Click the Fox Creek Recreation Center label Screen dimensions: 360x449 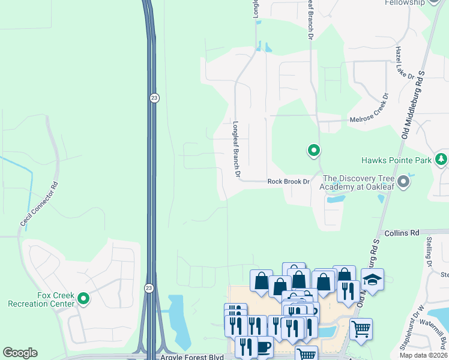tap(41, 299)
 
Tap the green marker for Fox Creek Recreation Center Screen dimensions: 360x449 tap(83, 298)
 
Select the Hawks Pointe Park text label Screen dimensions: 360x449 tap(396, 160)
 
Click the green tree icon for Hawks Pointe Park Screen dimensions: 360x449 tap(441, 159)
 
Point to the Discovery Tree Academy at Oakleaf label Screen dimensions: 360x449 tap(360, 182)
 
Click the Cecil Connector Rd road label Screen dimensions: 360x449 tap(41, 204)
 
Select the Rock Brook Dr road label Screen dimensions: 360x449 tap(288, 181)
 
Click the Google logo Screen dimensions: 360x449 tap(20, 353)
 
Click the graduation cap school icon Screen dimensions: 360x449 tap(372, 280)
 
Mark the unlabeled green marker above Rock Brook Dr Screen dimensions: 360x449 tap(313, 151)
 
